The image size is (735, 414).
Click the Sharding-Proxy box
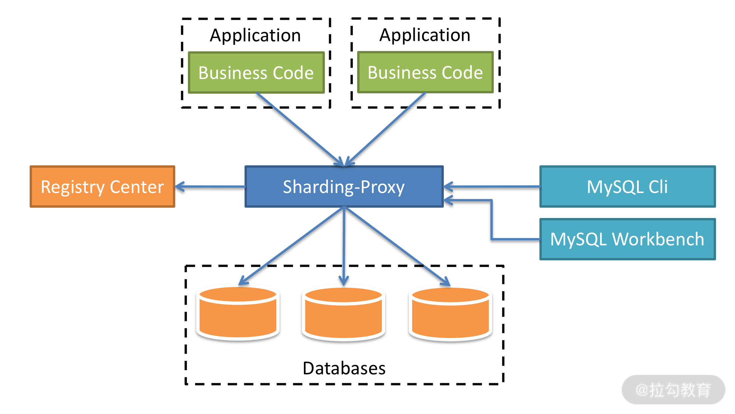344,187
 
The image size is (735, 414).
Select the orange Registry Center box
102,187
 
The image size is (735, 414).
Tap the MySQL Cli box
627,187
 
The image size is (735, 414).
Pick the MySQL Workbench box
627,239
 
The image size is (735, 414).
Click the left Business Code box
256,73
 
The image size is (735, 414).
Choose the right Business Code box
425,72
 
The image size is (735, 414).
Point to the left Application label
255,35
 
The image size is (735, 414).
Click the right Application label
425,35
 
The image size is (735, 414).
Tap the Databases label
344,368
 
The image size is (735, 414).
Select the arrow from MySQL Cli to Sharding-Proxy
491,187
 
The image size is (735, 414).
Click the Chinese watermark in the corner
673,390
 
